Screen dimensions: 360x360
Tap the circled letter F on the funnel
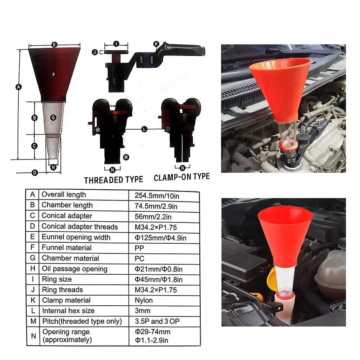53,75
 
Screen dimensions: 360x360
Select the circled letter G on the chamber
53,117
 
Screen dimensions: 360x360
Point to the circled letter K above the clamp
156,44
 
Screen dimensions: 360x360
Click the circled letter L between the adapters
144,129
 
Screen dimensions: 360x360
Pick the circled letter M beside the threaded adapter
126,157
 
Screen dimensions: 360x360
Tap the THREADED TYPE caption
113,180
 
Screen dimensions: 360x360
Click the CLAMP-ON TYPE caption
181,177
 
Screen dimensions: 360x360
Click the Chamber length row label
67,205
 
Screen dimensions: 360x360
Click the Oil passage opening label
75,269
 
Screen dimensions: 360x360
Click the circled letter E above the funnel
54,45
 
